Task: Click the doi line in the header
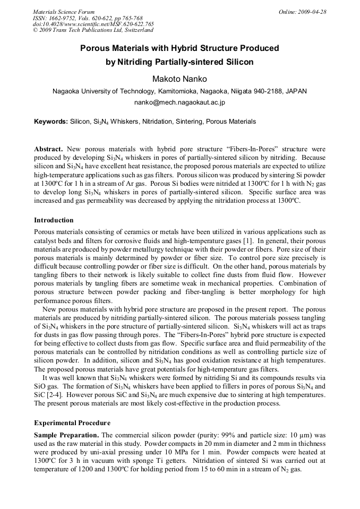tap(93, 24)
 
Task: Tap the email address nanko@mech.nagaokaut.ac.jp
tap(179, 102)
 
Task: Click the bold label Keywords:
tap(51, 122)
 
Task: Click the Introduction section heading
tap(54, 220)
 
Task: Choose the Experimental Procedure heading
tap(72, 423)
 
